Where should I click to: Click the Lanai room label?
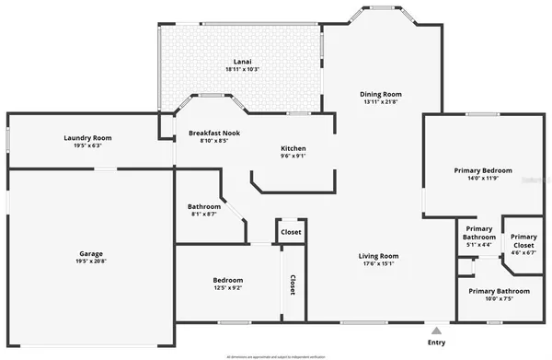(x=242, y=62)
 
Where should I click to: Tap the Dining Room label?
(x=380, y=93)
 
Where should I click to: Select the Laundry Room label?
(x=88, y=138)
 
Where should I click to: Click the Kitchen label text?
(x=293, y=148)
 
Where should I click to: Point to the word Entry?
(x=437, y=342)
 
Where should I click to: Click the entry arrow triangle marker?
(x=437, y=328)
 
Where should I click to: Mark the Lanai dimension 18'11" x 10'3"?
(x=242, y=70)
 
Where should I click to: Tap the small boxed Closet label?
(x=291, y=232)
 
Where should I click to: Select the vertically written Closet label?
(x=293, y=285)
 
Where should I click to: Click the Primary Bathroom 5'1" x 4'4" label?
(x=479, y=237)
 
